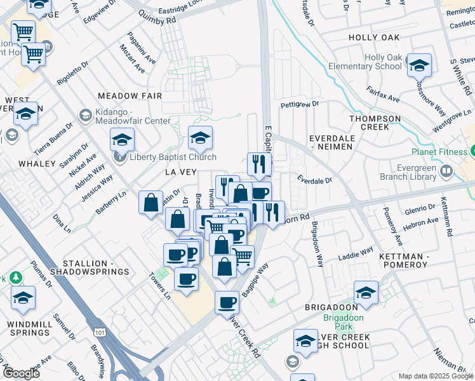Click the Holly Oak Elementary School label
383,62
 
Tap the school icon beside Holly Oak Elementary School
419,65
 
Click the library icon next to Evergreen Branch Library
447,170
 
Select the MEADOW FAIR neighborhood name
126,95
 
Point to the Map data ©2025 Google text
435,376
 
